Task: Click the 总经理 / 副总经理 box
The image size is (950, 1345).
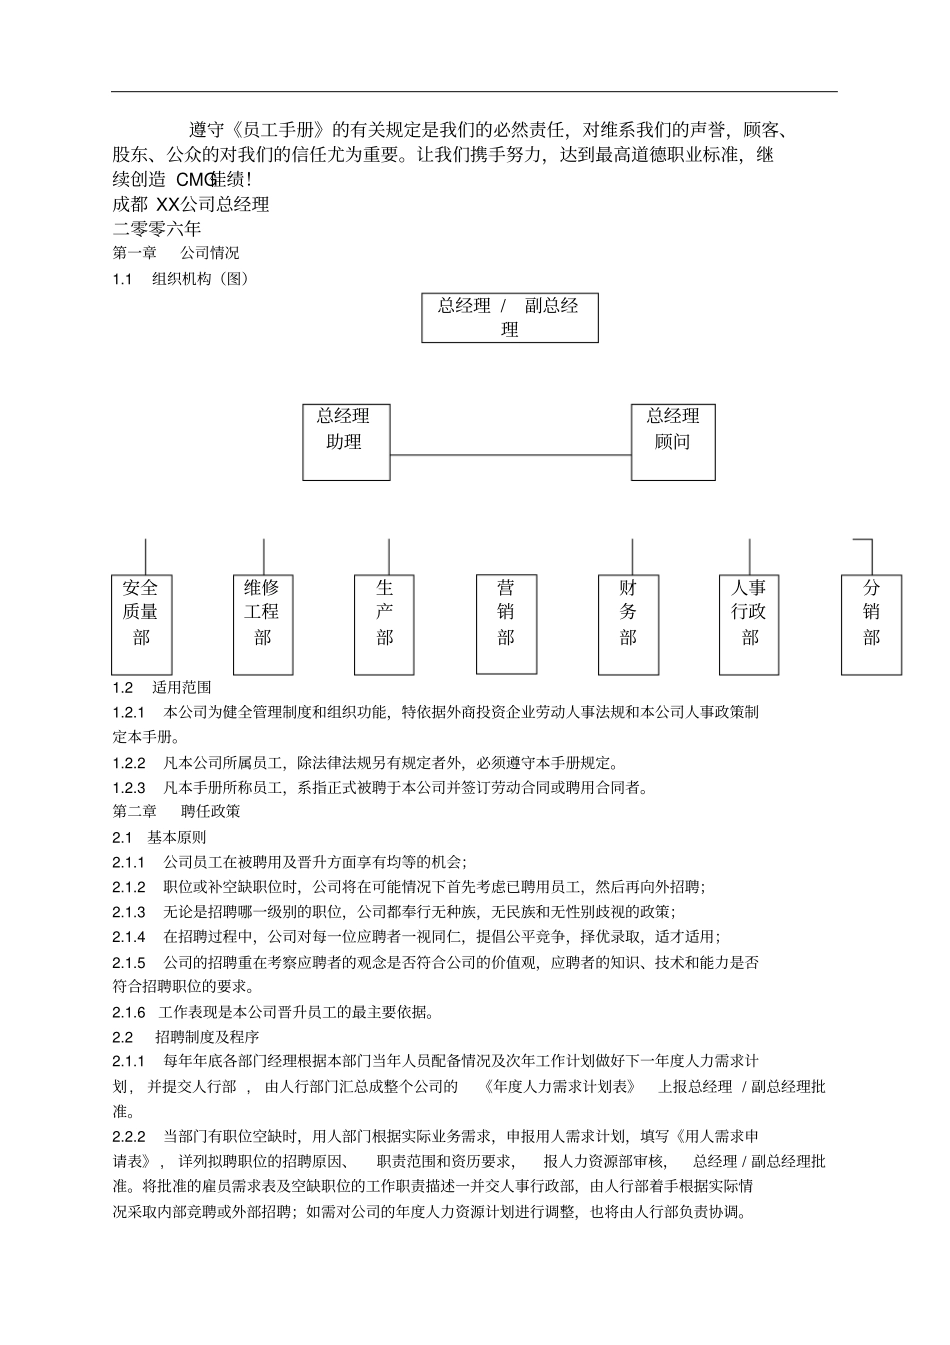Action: (x=509, y=317)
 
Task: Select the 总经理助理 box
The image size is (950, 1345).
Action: (x=344, y=441)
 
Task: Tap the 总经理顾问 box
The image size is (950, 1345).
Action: (x=673, y=441)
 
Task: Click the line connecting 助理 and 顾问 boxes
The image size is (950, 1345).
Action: (x=510, y=456)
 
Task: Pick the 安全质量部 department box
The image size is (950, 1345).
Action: (x=141, y=624)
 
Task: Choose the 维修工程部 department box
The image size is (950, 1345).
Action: (x=263, y=624)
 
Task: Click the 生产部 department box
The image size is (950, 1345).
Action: (x=385, y=624)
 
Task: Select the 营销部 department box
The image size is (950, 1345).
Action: (x=506, y=624)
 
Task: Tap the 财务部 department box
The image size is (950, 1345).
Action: (x=628, y=624)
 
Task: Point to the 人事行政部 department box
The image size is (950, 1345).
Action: (x=750, y=624)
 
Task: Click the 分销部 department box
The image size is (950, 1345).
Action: (x=872, y=624)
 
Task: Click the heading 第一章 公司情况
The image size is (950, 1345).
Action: (x=176, y=253)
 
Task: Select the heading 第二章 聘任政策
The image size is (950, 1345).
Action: (x=176, y=811)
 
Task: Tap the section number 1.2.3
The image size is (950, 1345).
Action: (x=129, y=787)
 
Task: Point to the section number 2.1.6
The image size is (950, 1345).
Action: (x=129, y=1012)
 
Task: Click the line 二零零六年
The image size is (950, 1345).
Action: (x=157, y=229)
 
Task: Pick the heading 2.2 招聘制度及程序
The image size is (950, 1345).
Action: (x=185, y=1037)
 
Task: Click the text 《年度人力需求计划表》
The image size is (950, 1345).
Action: (x=558, y=1086)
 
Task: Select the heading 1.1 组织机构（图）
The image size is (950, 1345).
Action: (x=180, y=279)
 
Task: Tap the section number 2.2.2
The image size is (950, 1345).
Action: (x=129, y=1136)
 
